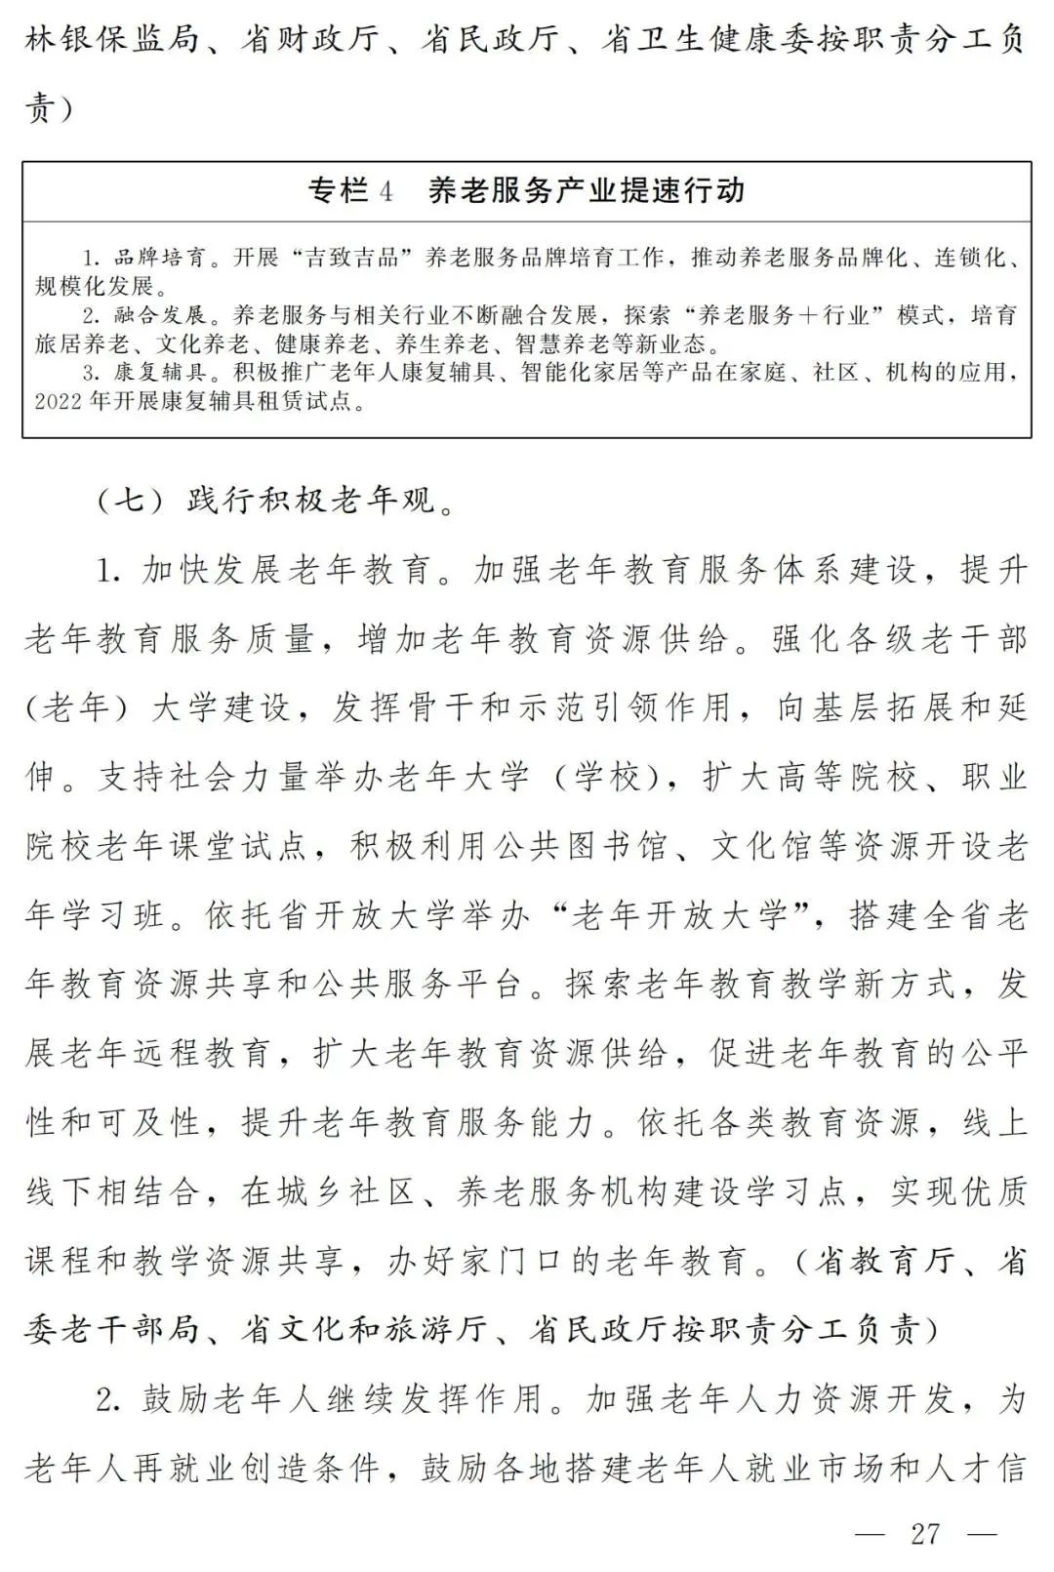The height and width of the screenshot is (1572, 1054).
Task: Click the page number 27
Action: coord(924,1533)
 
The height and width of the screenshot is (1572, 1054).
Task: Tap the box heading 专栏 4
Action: coord(350,190)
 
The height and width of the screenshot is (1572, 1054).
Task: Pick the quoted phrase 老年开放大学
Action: coord(679,915)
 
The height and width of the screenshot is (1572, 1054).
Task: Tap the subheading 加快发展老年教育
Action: coord(287,570)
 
